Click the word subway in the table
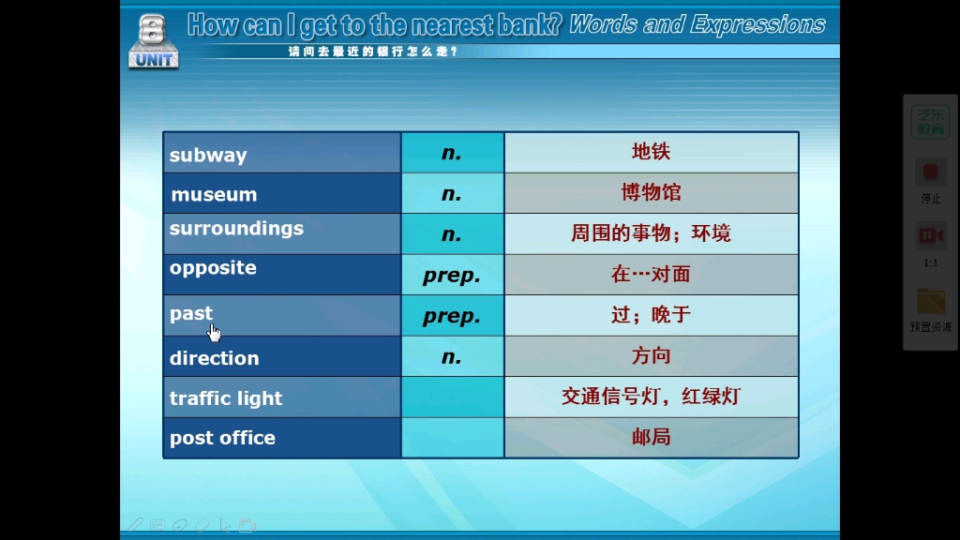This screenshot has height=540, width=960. (x=208, y=156)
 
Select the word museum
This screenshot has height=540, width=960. (x=214, y=195)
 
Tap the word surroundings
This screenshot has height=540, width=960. (x=236, y=229)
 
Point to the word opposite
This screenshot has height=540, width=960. (x=213, y=268)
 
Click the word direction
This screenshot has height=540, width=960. (x=214, y=358)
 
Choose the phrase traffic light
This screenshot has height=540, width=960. (x=226, y=398)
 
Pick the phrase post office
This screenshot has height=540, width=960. (x=222, y=438)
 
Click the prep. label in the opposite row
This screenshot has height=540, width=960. (x=452, y=276)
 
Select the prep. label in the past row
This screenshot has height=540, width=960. (x=452, y=317)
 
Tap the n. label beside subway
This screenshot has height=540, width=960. (x=452, y=153)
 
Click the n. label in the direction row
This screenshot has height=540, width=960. (x=452, y=356)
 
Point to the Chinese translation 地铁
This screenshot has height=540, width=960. (x=651, y=152)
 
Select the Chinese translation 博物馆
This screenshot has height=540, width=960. (x=651, y=193)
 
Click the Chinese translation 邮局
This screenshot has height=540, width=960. (x=651, y=437)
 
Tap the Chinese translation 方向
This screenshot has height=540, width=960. (x=651, y=356)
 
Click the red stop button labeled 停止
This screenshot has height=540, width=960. (x=930, y=173)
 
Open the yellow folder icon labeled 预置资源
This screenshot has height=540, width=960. (x=930, y=302)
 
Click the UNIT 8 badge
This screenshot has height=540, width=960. (x=153, y=42)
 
